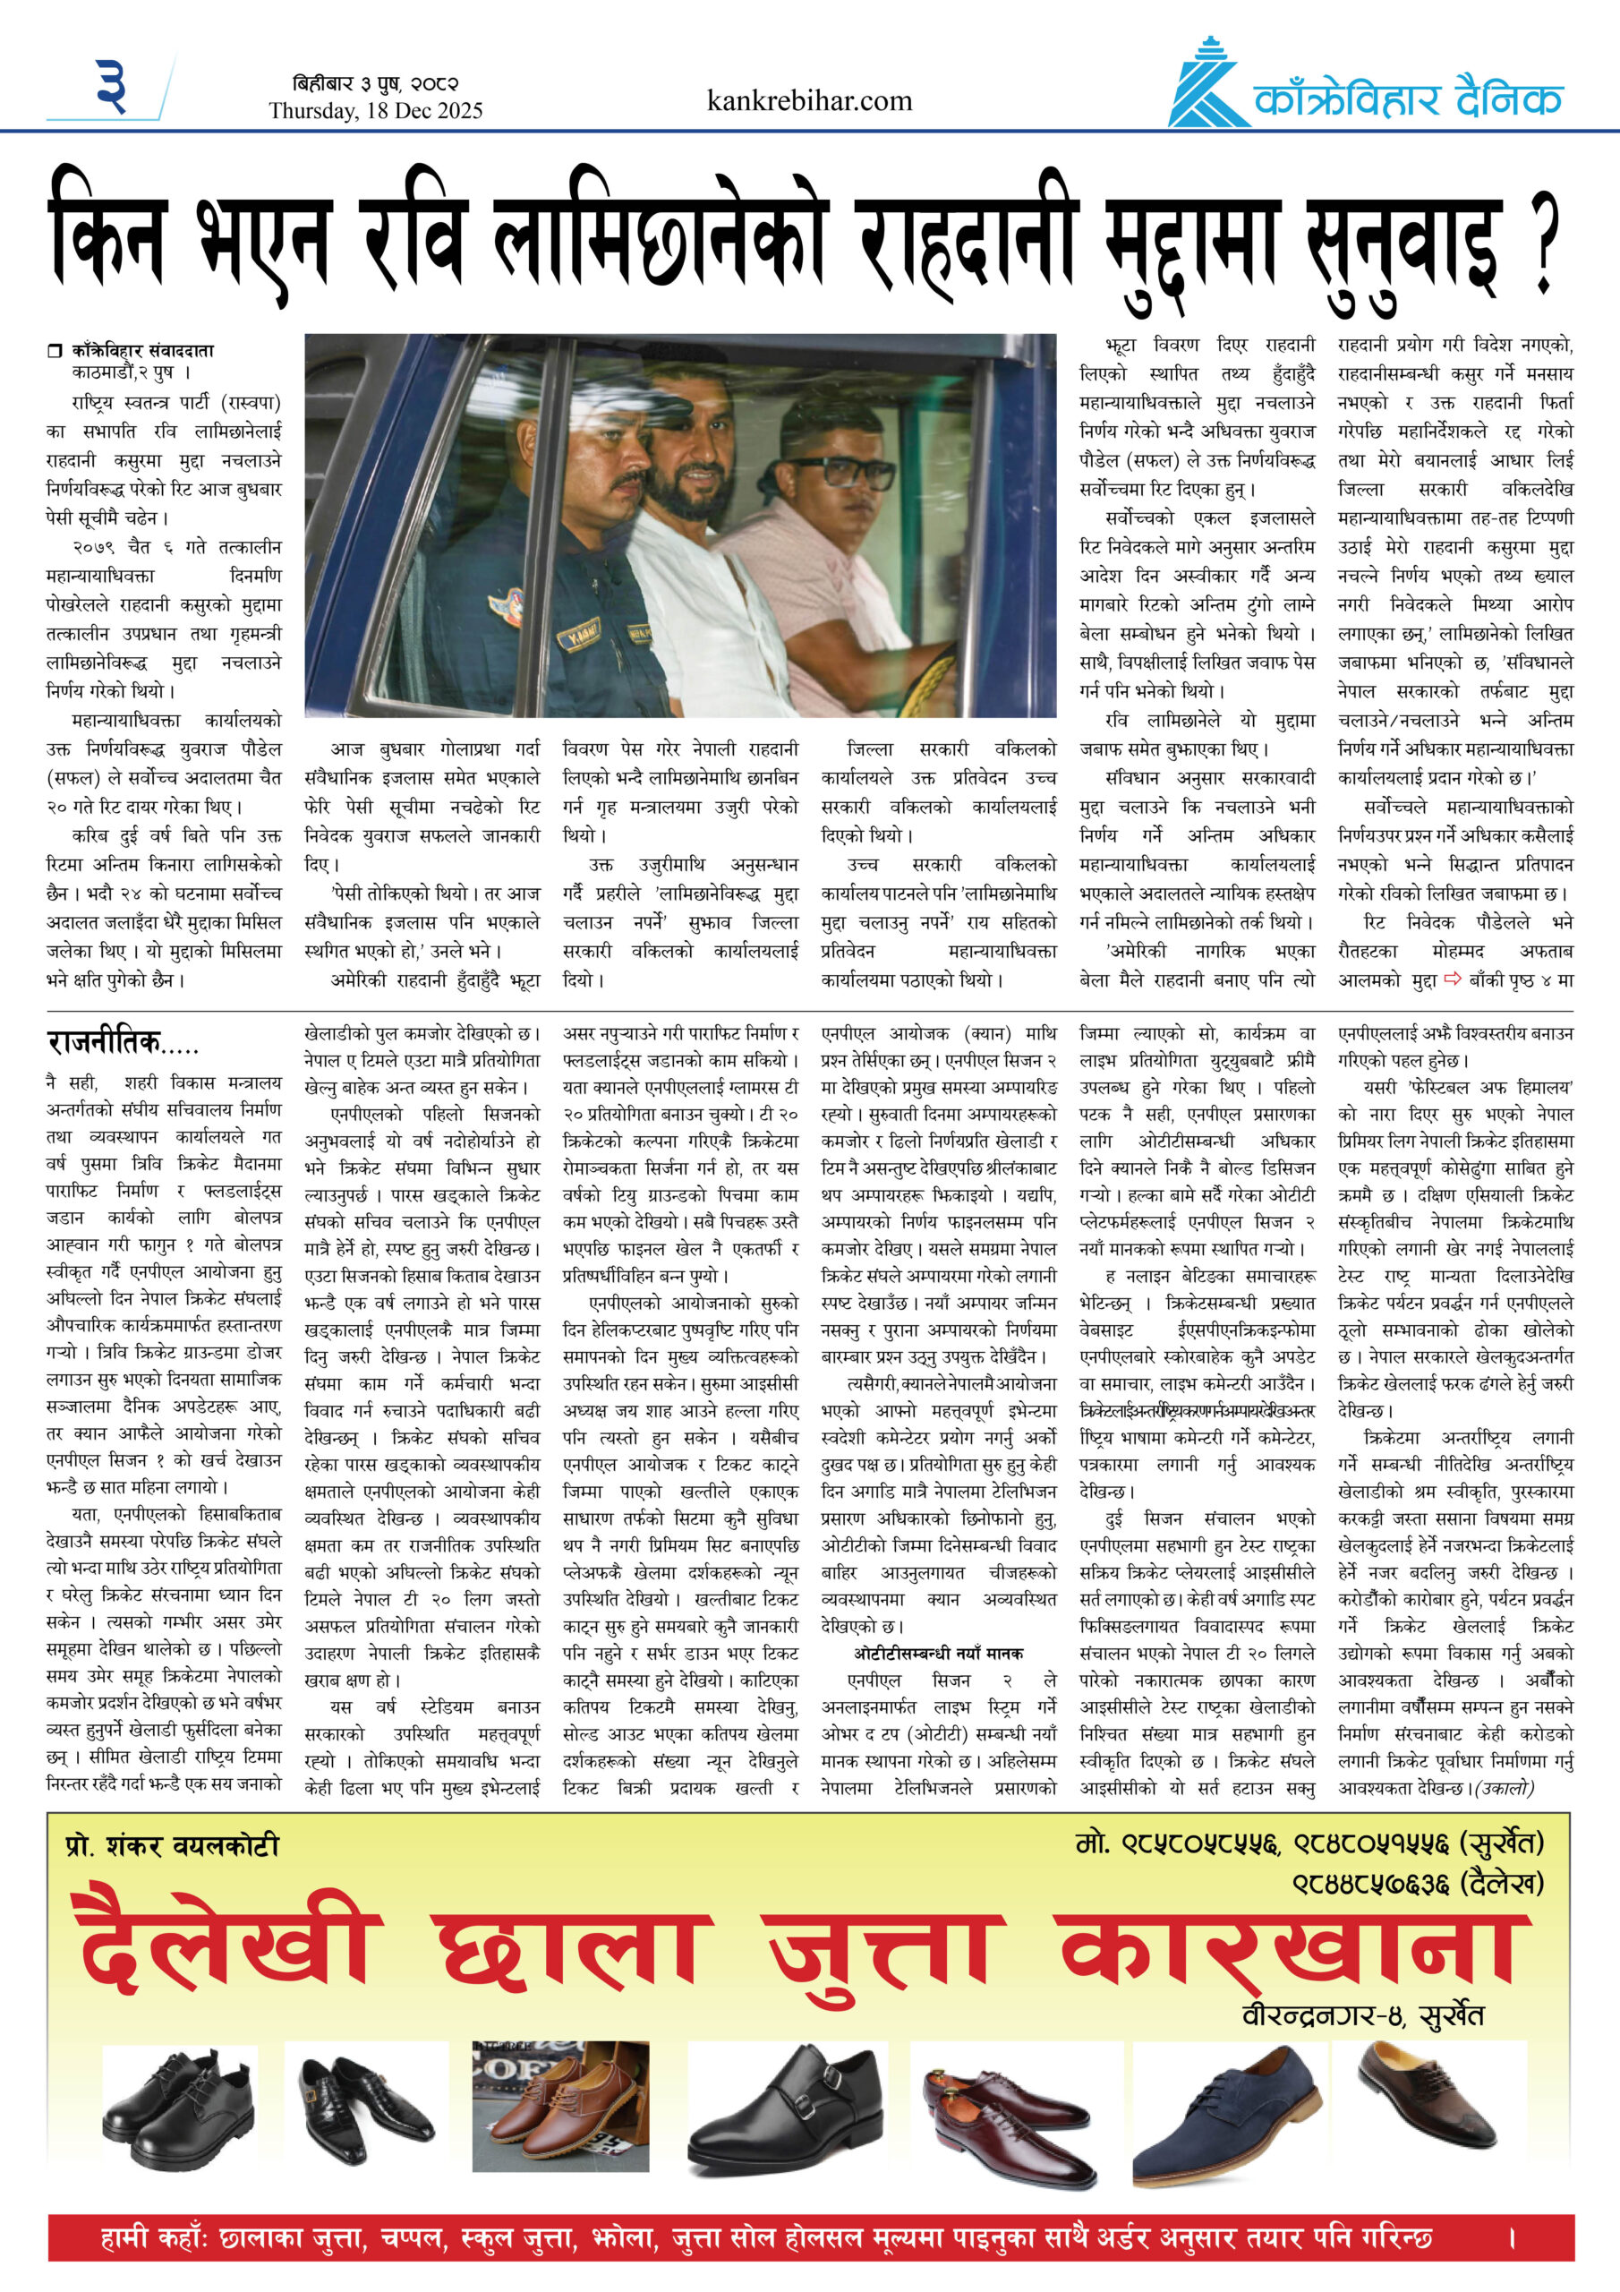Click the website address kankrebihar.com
pyautogui.click(x=808, y=101)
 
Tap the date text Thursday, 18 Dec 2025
pyautogui.click(x=375, y=111)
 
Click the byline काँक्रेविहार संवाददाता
pyautogui.click(x=141, y=350)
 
